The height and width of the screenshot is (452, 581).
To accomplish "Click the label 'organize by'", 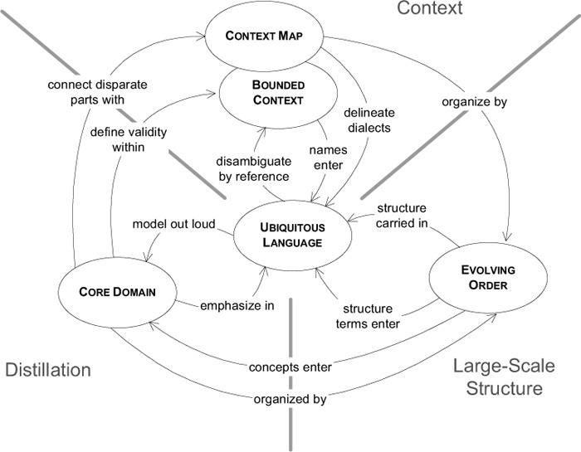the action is (x=474, y=102).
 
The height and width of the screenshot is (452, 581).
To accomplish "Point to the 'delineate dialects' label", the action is (x=369, y=120).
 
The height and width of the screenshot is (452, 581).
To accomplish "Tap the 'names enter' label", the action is (x=329, y=158).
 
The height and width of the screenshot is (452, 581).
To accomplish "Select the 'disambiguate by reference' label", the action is (x=254, y=169).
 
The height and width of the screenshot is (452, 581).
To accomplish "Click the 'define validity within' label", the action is (x=129, y=139).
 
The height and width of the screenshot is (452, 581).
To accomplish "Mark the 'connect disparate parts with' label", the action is (x=97, y=92).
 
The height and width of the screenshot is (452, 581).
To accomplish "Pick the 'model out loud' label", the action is (x=173, y=224).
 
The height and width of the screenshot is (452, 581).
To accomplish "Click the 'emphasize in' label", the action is (x=237, y=306).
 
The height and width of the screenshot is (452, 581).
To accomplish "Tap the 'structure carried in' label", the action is (x=402, y=216).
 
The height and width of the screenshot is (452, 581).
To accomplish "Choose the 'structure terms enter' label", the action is (x=368, y=317).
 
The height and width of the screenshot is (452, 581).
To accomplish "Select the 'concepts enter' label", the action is (x=290, y=367).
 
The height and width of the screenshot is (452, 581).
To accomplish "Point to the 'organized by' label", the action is (x=290, y=400).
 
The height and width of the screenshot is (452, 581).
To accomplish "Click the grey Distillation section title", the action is (x=48, y=370).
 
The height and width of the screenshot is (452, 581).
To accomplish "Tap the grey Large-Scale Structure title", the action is (x=505, y=377).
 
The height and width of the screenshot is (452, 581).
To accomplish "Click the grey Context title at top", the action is (x=430, y=8).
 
